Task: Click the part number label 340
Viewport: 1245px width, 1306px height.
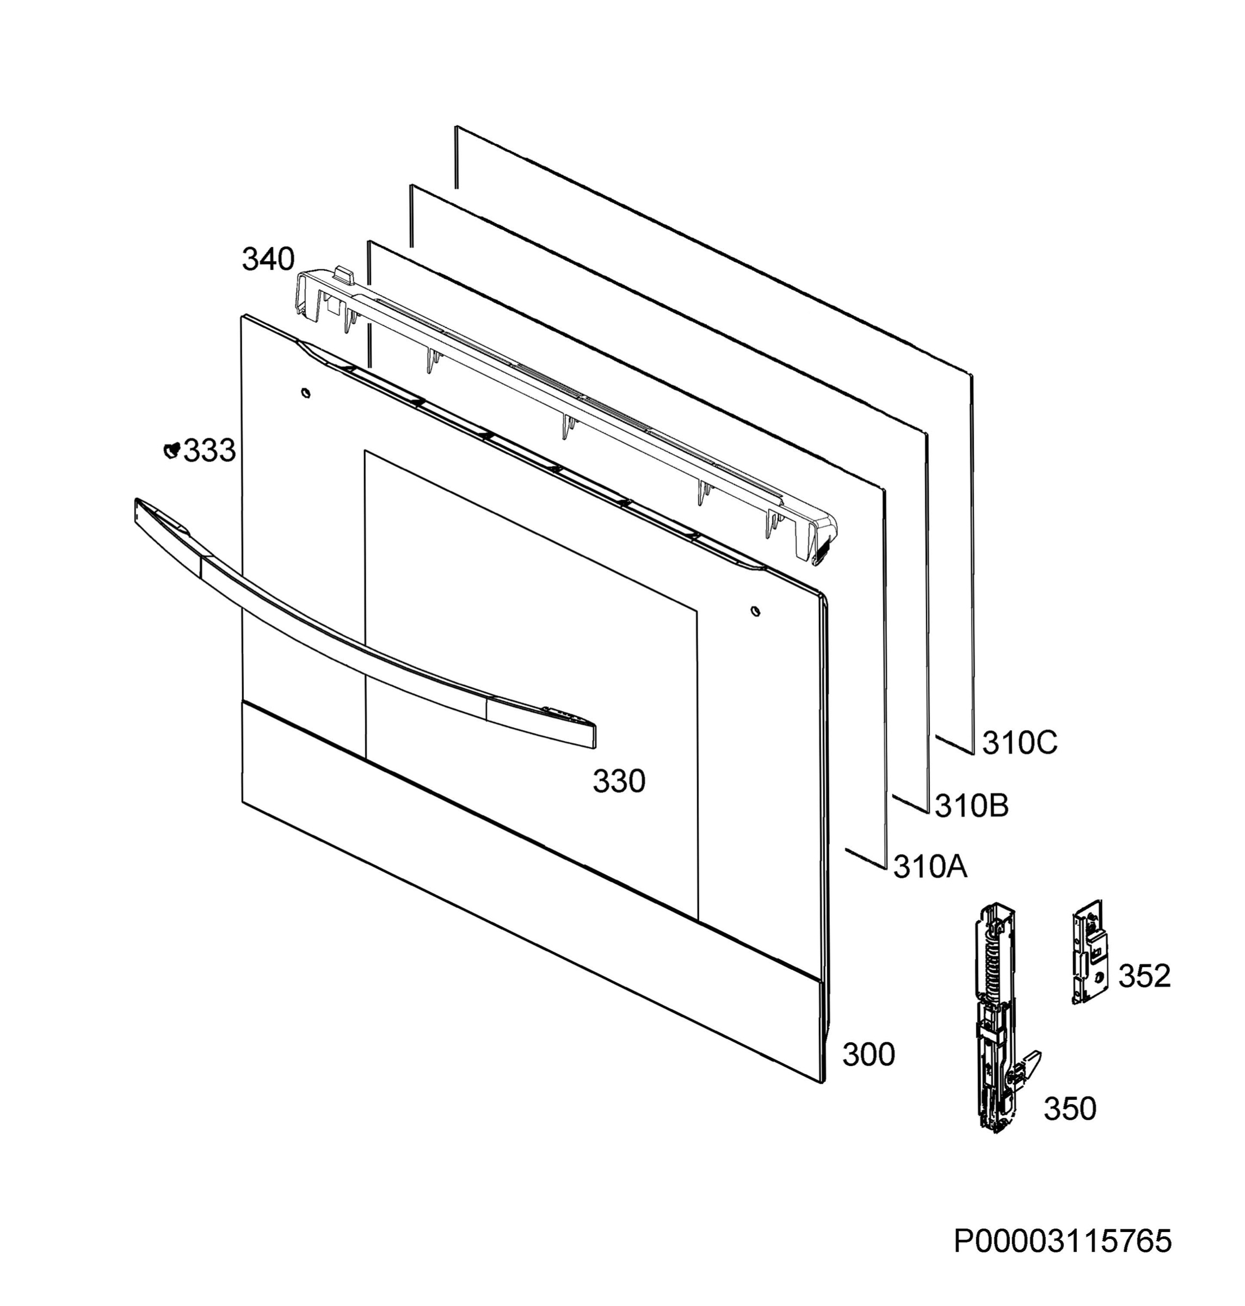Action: click(x=268, y=260)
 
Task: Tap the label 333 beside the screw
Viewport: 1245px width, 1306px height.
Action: click(x=209, y=451)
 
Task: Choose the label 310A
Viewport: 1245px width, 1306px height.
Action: click(x=930, y=867)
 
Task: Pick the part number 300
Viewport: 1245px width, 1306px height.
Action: click(x=868, y=1055)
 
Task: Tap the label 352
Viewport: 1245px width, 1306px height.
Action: click(x=1145, y=976)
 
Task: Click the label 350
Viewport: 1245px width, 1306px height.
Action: click(x=1070, y=1109)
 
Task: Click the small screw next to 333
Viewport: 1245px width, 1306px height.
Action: click(x=172, y=450)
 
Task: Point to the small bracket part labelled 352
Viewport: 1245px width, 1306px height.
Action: click(x=1090, y=952)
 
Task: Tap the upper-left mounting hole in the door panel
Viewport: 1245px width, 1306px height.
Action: click(x=305, y=393)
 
